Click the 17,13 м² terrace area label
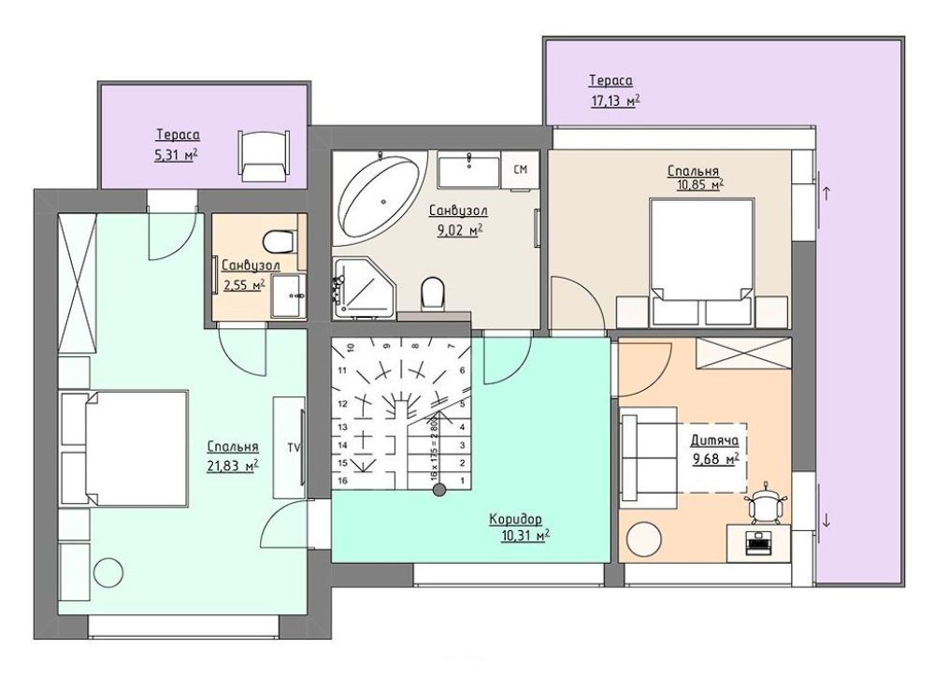coord(615,101)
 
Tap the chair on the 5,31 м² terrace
coord(264,155)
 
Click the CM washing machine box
coord(520,170)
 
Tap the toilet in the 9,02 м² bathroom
coord(433,295)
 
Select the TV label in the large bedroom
coord(294,446)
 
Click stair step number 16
coord(342,481)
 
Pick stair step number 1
coord(462,481)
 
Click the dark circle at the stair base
coord(439,491)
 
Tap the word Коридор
coord(516,519)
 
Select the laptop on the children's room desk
coord(757,542)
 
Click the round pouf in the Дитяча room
coord(643,539)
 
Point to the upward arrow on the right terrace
coord(826,194)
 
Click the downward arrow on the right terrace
coord(826,521)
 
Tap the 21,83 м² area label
coord(232,466)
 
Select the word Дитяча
coord(714,440)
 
